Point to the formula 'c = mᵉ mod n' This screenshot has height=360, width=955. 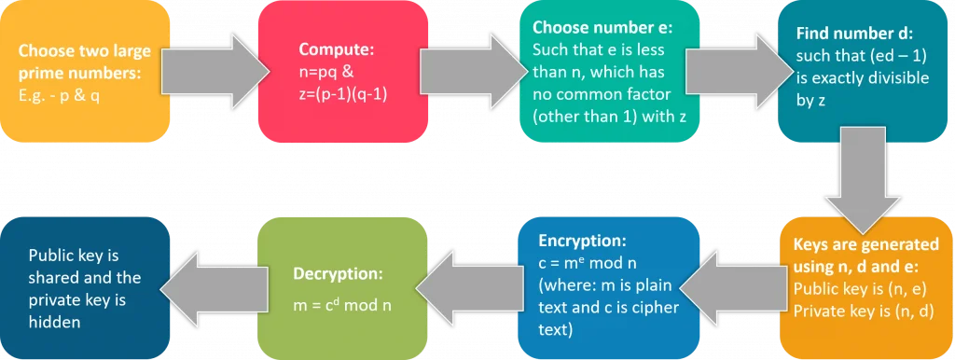[x=577, y=262]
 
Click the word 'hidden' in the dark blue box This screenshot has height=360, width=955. [x=55, y=323]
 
